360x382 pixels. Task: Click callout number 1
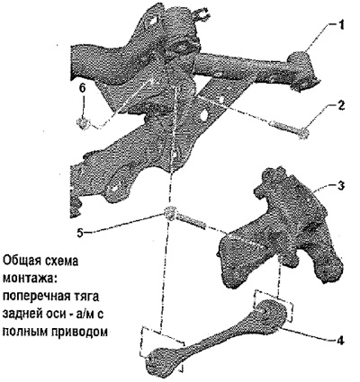pyautogui.click(x=340, y=24)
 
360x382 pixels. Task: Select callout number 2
pyautogui.click(x=340, y=106)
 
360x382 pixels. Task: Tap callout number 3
pyautogui.click(x=340, y=185)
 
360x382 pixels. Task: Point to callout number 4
pyautogui.click(x=340, y=340)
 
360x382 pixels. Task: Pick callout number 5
pyautogui.click(x=80, y=233)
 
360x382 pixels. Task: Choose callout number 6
pyautogui.click(x=83, y=88)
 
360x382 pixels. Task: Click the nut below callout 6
pyautogui.click(x=82, y=123)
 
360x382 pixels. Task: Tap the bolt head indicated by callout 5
pyautogui.click(x=171, y=213)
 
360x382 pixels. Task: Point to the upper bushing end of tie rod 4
pyautogui.click(x=271, y=312)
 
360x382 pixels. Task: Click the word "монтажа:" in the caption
pyautogui.click(x=30, y=278)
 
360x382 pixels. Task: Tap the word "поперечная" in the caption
pyautogui.click(x=35, y=296)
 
